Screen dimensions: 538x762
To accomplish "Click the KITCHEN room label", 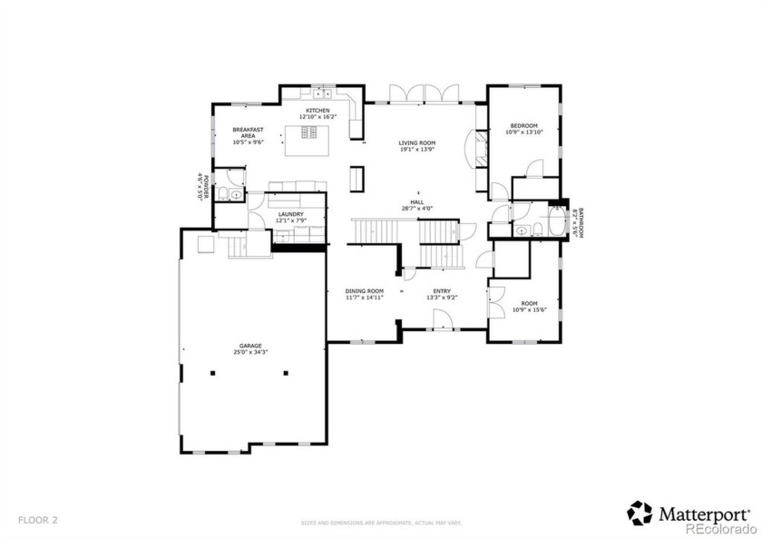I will [317, 110].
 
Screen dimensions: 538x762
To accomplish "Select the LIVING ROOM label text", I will [417, 142].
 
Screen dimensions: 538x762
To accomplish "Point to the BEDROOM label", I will [523, 125].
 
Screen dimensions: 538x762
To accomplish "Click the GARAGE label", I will [250, 345].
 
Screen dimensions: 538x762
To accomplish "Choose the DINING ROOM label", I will [364, 290].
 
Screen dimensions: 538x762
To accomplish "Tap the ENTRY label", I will [441, 290].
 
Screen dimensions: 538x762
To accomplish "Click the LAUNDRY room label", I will [290, 214].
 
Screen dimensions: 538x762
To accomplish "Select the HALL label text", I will [417, 203].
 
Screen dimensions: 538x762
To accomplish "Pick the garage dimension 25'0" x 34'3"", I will [250, 351].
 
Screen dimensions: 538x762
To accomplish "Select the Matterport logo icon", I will [640, 513].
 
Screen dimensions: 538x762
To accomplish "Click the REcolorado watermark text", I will [718, 528].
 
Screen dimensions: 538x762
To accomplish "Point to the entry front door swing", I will [442, 318].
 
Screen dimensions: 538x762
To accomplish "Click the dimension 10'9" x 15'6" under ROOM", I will [523, 309].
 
